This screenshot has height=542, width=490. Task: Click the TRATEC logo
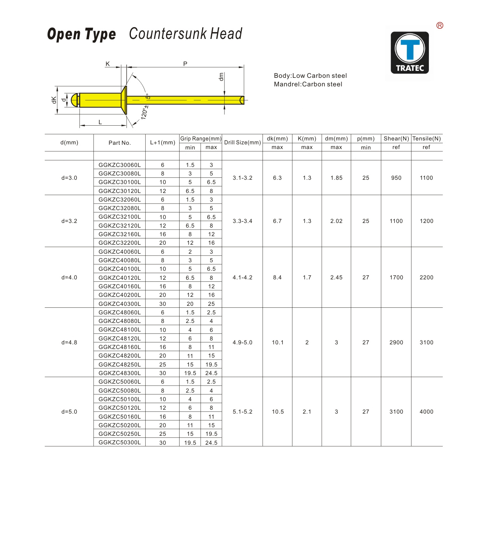[410, 53]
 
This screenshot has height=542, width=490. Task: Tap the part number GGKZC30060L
[120, 165]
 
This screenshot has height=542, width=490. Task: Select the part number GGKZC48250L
[120, 365]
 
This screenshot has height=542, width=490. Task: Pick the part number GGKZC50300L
[120, 442]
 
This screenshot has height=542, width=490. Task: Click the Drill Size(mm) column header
[242, 142]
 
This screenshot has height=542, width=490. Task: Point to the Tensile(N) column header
[427, 139]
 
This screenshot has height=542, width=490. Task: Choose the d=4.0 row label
[69, 277]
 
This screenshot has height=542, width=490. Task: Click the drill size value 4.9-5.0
[242, 342]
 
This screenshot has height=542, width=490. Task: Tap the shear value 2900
[396, 342]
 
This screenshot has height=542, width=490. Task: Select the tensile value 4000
[427, 412]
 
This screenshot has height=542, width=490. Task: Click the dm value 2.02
[336, 221]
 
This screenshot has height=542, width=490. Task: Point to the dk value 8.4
[277, 277]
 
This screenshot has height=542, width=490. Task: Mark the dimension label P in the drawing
[185, 64]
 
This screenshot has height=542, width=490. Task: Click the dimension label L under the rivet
[100, 122]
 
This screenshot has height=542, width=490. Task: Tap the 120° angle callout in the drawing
[144, 112]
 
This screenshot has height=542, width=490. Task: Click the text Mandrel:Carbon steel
[308, 84]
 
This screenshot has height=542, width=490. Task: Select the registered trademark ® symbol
[440, 26]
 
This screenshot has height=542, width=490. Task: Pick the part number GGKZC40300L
[120, 304]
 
